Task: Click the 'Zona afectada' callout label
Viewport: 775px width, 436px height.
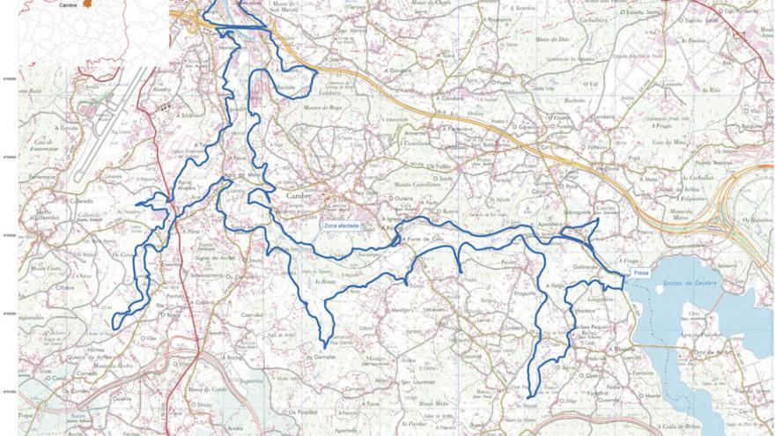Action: click(341, 226)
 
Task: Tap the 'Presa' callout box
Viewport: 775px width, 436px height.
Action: click(640, 273)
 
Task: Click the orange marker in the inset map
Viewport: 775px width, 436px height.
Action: click(87, 4)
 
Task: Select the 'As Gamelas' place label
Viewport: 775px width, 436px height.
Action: click(321, 357)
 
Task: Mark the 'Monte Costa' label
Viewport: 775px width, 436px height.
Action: click(44, 267)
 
